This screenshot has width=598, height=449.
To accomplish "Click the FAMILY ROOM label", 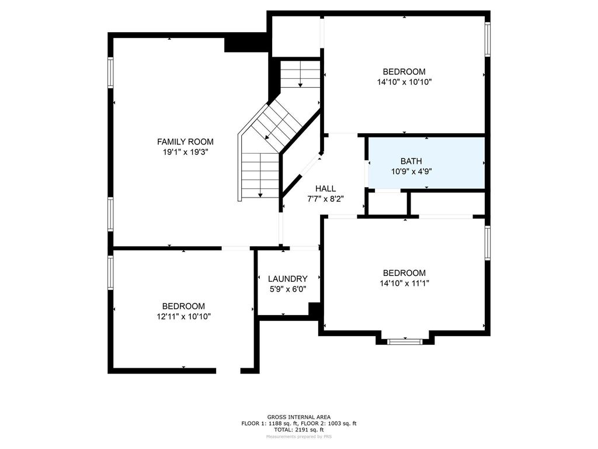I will (185, 141).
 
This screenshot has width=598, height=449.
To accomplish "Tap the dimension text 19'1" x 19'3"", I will (185, 151).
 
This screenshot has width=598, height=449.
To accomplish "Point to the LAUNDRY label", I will (287, 279).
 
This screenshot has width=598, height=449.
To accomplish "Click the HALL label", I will (325, 188).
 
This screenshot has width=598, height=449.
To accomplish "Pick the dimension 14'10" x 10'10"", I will (404, 82).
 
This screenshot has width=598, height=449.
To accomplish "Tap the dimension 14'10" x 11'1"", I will (404, 283).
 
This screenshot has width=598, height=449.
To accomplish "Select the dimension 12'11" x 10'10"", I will (183, 316).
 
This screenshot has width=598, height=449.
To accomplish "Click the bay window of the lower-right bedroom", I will (405, 340).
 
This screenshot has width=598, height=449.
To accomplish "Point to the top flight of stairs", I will (300, 74).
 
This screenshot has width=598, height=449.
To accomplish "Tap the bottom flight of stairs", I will (260, 175).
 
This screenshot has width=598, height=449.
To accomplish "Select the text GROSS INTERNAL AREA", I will (299, 417).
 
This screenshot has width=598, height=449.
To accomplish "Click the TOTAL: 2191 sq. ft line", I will (299, 429).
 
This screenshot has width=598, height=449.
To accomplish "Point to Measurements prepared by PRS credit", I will (299, 436).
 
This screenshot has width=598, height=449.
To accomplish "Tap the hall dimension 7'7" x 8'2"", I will (325, 198).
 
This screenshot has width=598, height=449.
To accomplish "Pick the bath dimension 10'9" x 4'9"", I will (411, 171).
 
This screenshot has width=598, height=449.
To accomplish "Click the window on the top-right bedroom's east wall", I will (487, 40).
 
